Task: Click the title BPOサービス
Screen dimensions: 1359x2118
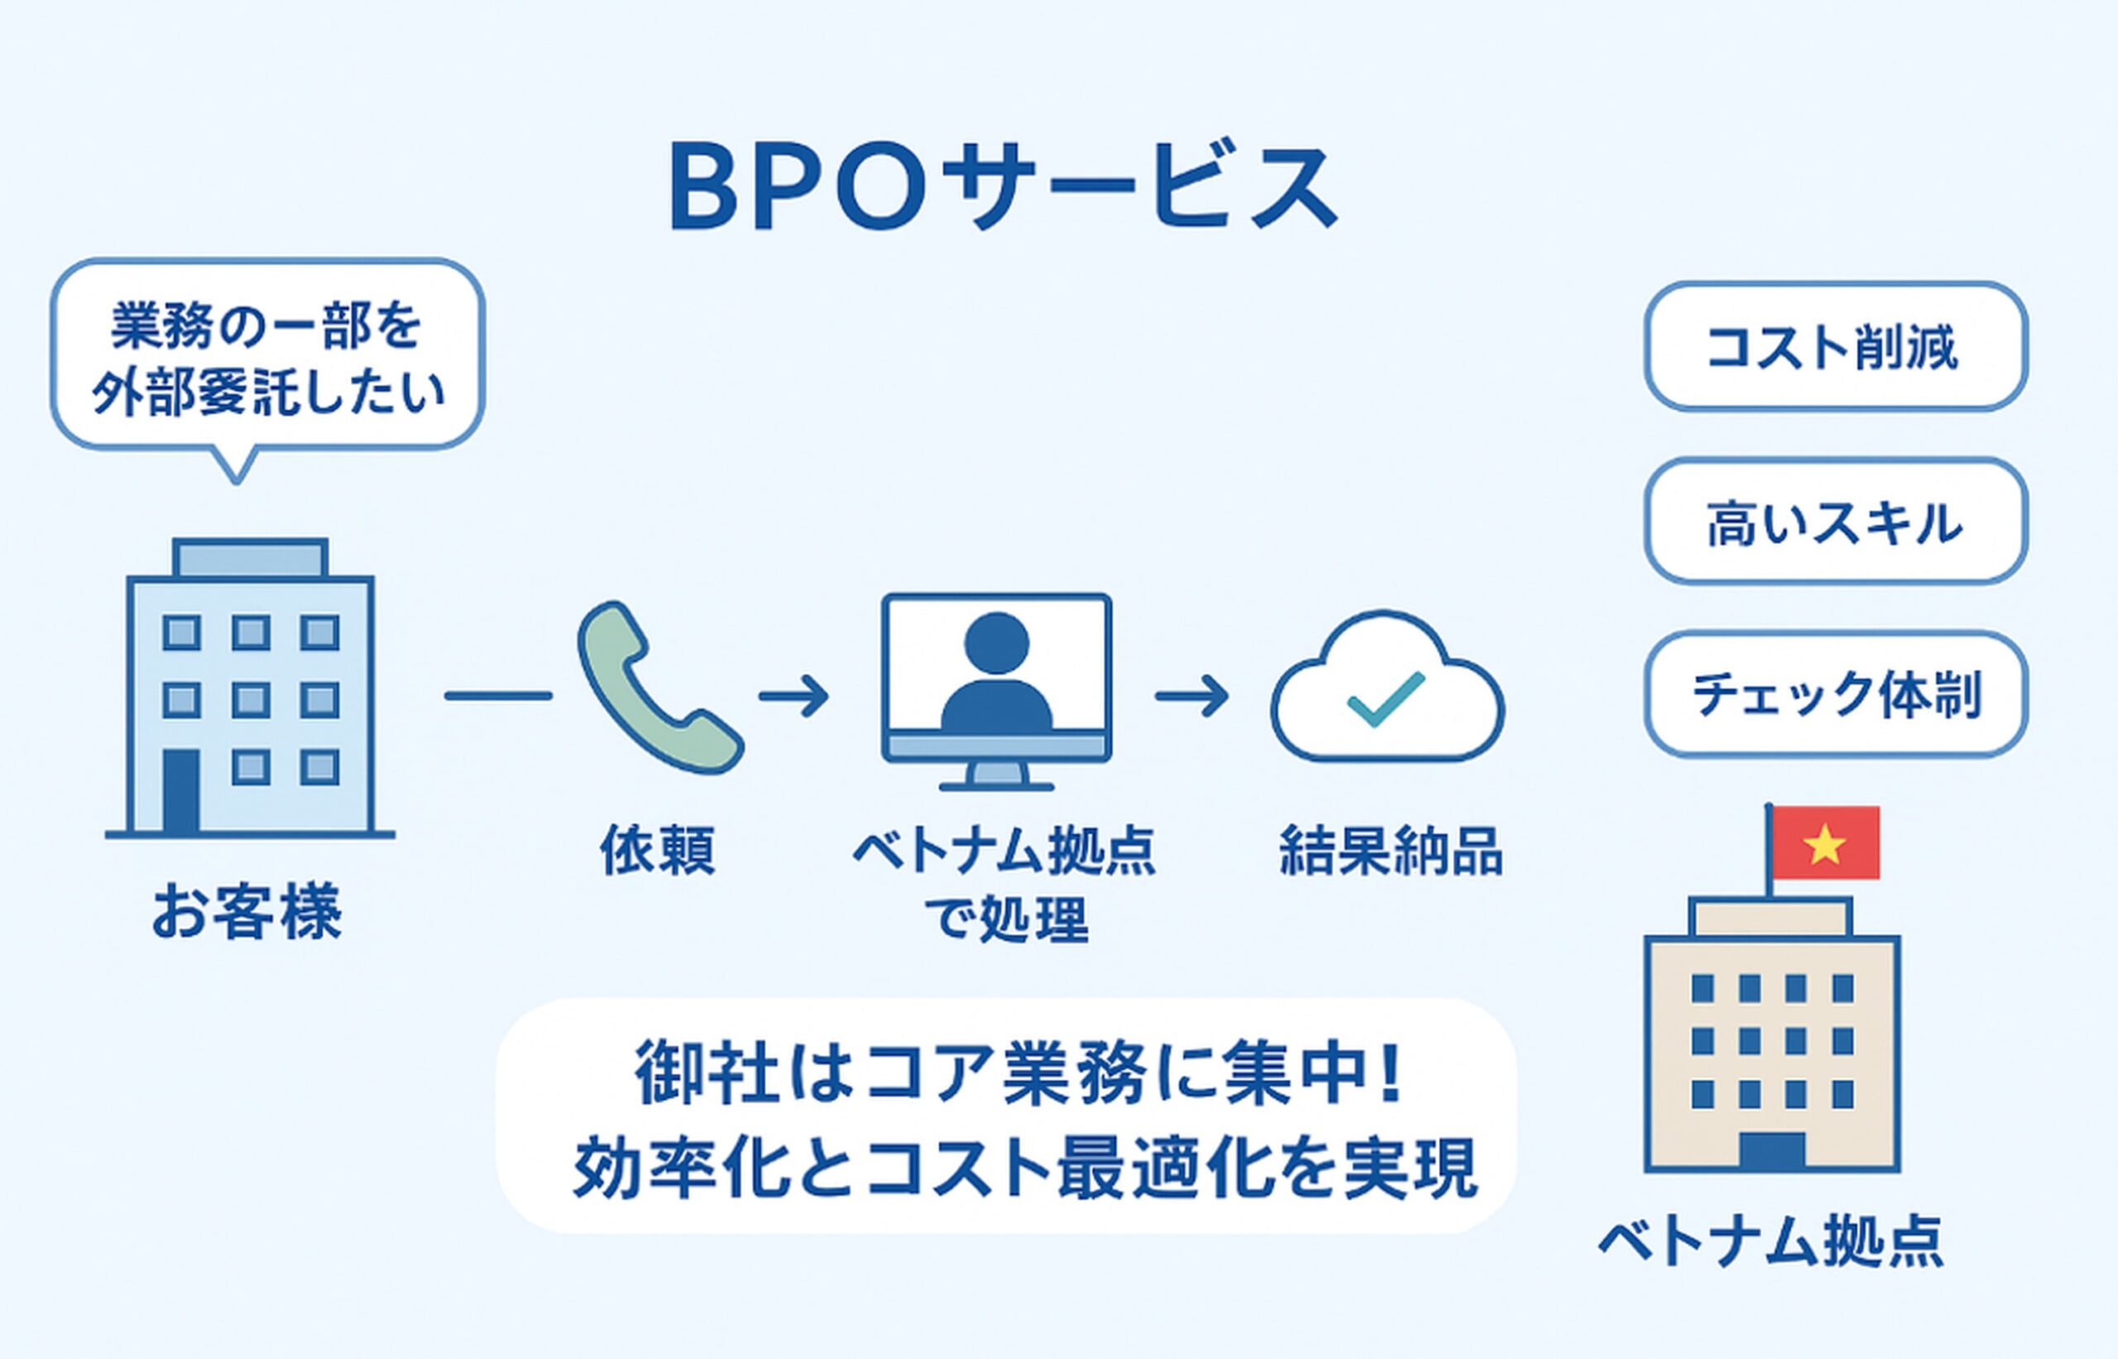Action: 1003,189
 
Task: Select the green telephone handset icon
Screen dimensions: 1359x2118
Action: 657,689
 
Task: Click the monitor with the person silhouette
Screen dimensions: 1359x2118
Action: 997,679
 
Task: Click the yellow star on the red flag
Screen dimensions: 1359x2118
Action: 1824,844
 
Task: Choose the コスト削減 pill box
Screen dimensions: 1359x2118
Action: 1835,346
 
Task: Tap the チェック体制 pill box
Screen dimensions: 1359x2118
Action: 1835,694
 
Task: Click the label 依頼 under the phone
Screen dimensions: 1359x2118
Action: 657,850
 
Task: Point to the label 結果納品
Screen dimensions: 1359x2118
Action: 1391,850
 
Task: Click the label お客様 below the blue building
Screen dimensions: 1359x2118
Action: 247,914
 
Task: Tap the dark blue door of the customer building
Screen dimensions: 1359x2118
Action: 181,790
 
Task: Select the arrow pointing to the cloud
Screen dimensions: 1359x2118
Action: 1191,696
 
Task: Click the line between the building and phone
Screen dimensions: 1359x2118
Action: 498,696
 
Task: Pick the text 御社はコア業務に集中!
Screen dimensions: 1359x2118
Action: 1018,1076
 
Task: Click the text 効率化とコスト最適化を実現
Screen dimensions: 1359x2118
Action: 1023,1169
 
